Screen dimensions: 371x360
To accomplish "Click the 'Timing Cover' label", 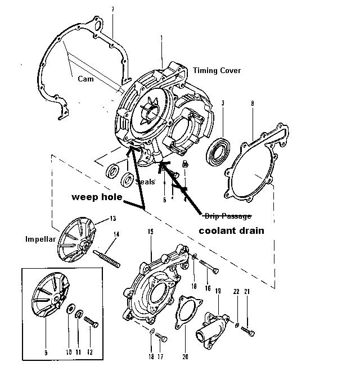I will (x=217, y=70).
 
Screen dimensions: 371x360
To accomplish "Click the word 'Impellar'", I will (x=39, y=238).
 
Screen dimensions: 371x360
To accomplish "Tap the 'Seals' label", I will (x=145, y=182).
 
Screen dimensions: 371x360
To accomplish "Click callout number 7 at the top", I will (x=112, y=10).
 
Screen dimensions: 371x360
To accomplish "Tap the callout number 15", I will (x=151, y=232).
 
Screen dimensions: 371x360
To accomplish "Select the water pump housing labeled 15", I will (x=150, y=292).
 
